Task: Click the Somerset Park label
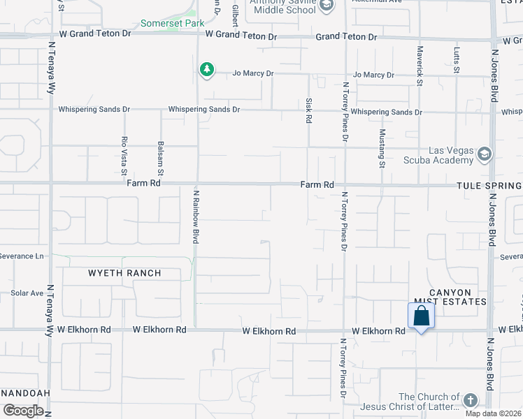point(172,23)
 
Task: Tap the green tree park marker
point(206,69)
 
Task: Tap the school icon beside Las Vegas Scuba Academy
point(484,154)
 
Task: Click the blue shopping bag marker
point(421,316)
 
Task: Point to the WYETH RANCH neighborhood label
point(124,273)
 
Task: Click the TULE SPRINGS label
point(489,186)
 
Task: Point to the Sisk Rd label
point(308,110)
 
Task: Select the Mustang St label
point(382,148)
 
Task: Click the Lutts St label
point(457,60)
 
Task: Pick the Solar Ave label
point(27,293)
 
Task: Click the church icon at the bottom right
point(470,400)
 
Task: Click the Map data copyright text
point(493,413)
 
